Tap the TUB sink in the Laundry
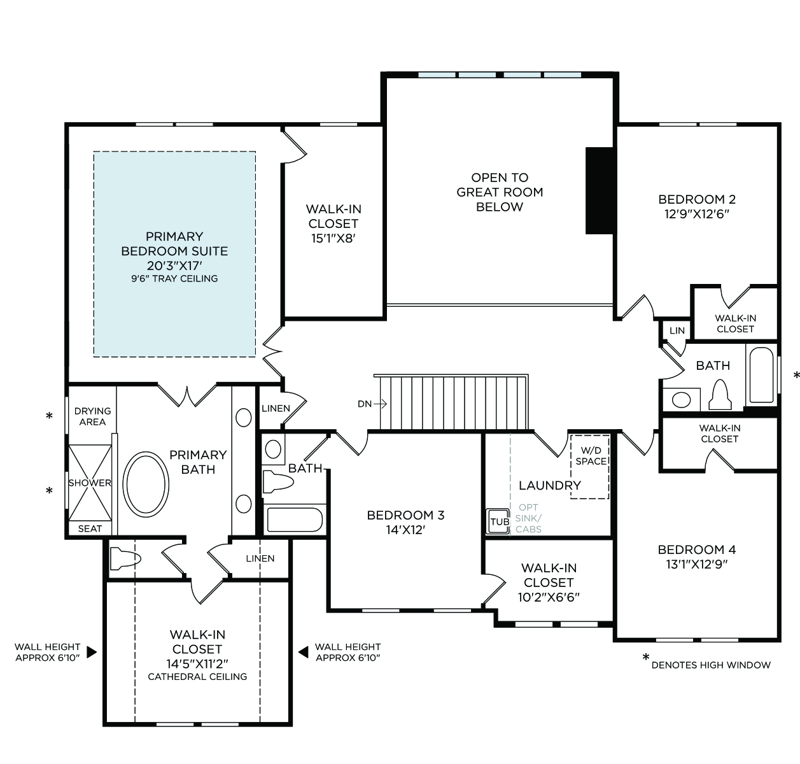498,521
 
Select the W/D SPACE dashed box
589,467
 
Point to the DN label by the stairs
365,404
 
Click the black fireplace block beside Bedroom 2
600,190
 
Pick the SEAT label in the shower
90,529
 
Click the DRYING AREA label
92,416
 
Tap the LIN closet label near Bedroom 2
677,330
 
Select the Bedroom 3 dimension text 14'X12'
405,530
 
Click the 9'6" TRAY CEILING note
174,278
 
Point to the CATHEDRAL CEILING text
197,676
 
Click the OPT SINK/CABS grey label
528,518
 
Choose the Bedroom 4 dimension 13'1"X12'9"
697,564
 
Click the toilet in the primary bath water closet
125,558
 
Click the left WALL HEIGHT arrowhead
92,652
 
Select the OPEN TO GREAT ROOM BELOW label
500,192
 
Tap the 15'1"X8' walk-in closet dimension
333,239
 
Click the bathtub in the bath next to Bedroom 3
295,520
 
